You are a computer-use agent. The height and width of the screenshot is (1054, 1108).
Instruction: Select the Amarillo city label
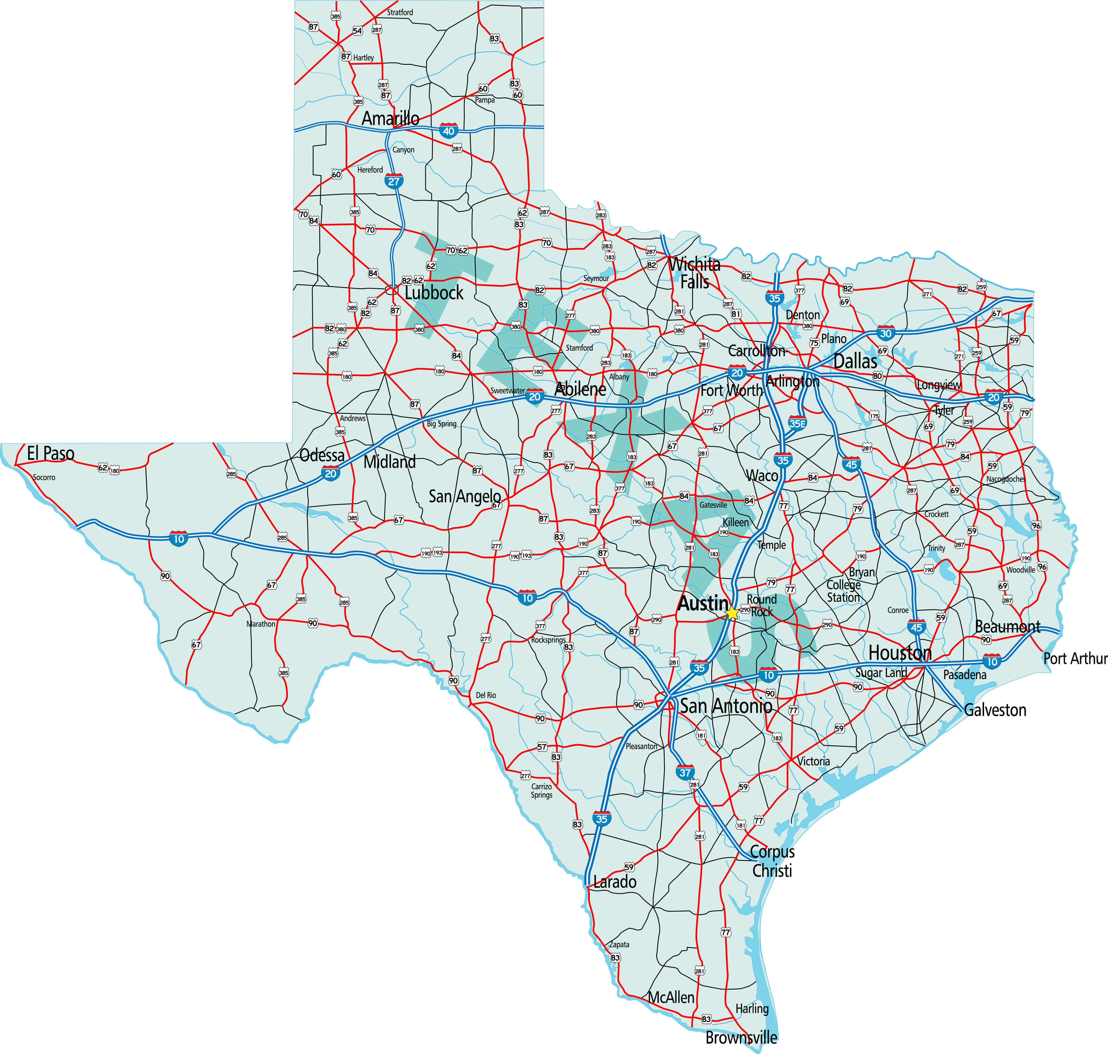coord(390,119)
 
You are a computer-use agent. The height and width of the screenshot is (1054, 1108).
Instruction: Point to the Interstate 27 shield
coord(394,181)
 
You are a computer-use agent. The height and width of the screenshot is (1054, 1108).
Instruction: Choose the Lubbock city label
coord(434,293)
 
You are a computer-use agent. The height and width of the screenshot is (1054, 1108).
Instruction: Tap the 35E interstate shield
coord(797,424)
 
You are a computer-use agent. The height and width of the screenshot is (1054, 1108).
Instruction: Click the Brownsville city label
coord(741,1037)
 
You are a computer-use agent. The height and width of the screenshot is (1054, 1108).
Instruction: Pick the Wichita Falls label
coord(695,272)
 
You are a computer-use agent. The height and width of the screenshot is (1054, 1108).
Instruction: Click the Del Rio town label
coord(486,695)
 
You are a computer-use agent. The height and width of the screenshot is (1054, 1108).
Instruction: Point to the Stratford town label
coord(400,12)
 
